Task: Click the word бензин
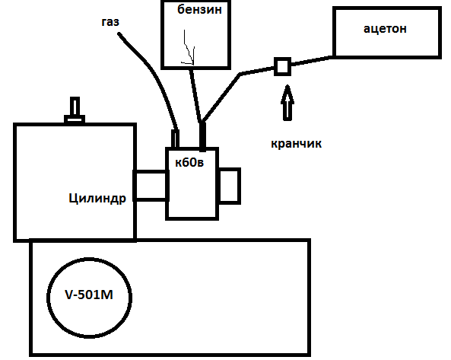tap(199, 9)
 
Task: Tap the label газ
tap(110, 22)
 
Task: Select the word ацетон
tap(385, 28)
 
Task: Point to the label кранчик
tap(296, 143)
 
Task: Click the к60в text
tap(189, 163)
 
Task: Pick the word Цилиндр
tap(97, 199)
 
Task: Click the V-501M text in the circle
tap(89, 295)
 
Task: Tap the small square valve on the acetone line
tap(282, 66)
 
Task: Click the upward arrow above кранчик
tap(287, 103)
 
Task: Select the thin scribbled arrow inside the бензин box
tap(189, 47)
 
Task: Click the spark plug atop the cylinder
tap(75, 110)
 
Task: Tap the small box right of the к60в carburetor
tap(229, 186)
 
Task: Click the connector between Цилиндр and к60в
tap(151, 185)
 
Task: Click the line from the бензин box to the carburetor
tap(195, 95)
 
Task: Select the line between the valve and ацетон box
tap(312, 62)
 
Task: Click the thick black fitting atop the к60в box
tap(202, 136)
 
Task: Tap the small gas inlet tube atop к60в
tap(175, 139)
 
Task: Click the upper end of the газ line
tap(119, 35)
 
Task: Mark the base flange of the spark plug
tap(75, 119)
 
